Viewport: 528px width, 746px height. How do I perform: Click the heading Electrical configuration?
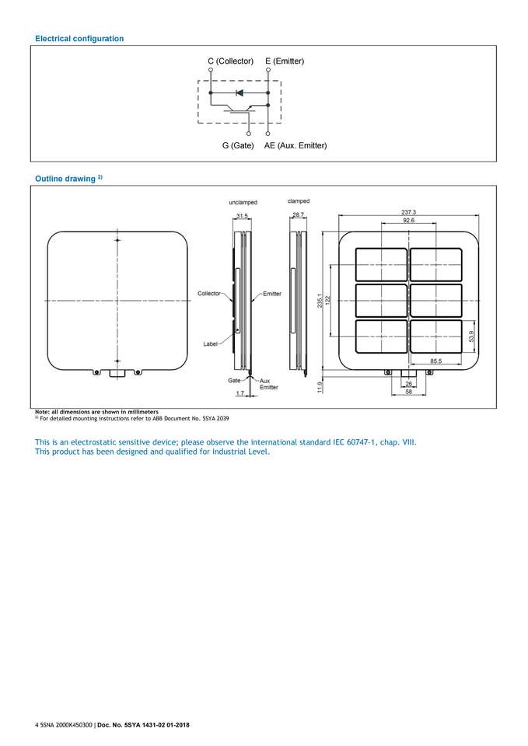tap(79, 38)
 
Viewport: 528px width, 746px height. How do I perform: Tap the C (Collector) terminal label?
tap(230, 61)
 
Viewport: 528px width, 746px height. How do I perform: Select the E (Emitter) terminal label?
tap(285, 61)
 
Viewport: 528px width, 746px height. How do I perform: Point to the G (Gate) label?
tap(238, 145)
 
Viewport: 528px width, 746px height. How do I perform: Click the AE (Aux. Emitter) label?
tap(295, 145)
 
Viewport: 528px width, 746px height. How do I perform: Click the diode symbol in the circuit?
tap(240, 92)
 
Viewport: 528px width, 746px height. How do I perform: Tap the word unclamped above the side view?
tap(243, 202)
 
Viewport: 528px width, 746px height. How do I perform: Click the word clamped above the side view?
tap(299, 201)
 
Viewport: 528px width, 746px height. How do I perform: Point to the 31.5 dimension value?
tap(242, 215)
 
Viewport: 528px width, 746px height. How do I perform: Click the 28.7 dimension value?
tap(299, 214)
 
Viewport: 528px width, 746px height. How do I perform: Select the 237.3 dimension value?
tap(409, 212)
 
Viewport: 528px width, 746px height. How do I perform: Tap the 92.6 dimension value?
tap(409, 221)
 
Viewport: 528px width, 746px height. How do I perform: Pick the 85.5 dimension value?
tap(437, 361)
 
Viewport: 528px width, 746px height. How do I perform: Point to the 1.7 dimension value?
tap(240, 394)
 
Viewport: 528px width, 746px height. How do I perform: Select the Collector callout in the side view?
tap(210, 294)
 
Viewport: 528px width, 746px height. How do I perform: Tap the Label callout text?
tap(210, 343)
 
